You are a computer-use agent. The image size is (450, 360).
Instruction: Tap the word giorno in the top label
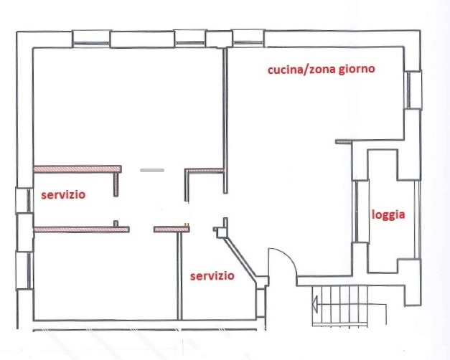pyautogui.click(x=354, y=70)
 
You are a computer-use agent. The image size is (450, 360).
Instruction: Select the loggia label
pyautogui.click(x=388, y=214)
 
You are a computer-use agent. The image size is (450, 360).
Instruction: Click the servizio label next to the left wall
pyautogui.click(x=63, y=194)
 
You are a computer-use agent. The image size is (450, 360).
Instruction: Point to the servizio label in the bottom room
pyautogui.click(x=212, y=275)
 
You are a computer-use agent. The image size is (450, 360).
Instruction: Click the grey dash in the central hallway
pyautogui.click(x=151, y=171)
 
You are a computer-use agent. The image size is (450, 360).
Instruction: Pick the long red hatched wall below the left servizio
pyautogui.click(x=81, y=229)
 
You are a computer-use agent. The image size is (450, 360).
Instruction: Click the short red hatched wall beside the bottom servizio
pyautogui.click(x=171, y=229)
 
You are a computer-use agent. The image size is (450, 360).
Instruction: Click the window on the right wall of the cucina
pyautogui.click(x=413, y=90)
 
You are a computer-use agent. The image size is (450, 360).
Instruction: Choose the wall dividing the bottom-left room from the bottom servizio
pyautogui.click(x=178, y=276)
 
